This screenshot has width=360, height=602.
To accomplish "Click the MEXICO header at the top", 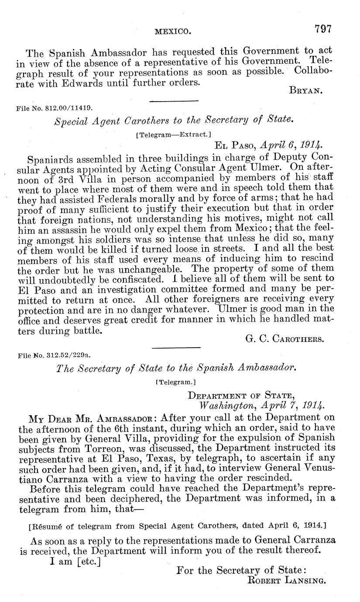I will coord(173,31).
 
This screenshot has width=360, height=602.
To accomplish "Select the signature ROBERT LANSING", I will coord(287,580).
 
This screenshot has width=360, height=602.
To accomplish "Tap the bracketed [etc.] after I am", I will coord(89,562).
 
